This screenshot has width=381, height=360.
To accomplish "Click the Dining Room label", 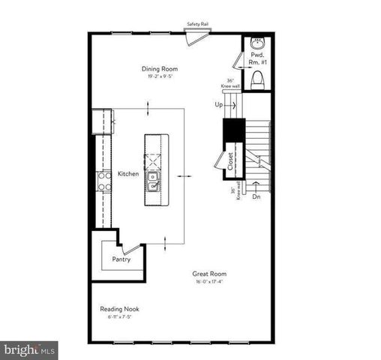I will click(x=164, y=69).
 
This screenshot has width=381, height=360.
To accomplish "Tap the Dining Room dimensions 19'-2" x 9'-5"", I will click(x=164, y=76).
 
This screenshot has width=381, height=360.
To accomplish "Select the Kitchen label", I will click(x=128, y=173).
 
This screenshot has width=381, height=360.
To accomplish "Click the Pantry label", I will click(x=121, y=259).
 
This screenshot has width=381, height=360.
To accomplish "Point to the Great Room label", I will click(x=208, y=274).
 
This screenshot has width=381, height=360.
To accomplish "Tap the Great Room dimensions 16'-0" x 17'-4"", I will click(x=208, y=282).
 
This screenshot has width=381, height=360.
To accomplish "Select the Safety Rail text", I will click(x=197, y=24).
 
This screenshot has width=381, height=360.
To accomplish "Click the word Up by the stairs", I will click(x=220, y=104).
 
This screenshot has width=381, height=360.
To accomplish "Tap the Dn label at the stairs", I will click(x=256, y=196).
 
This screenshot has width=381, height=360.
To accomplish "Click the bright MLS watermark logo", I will click(x=30, y=349).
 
